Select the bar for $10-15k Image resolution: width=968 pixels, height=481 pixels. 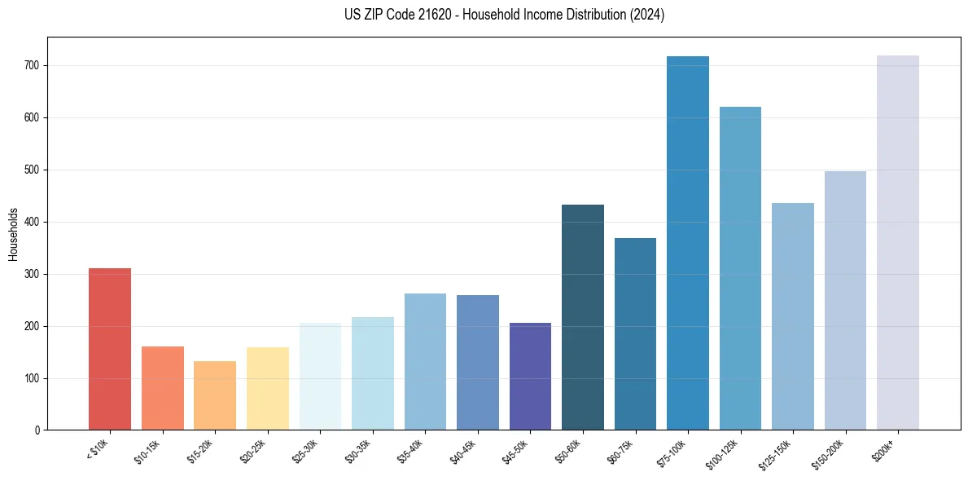tap(162, 388)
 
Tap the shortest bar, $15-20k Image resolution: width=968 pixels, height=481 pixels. tap(215, 395)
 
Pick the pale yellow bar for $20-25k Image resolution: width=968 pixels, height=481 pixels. tap(267, 389)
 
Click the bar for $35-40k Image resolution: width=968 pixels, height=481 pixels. tap(425, 362)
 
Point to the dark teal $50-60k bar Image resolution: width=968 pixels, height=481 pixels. tap(583, 317)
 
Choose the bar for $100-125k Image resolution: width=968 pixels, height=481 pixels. tap(740, 268)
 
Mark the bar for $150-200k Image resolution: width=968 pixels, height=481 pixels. tap(845, 301)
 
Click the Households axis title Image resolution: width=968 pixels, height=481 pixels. tap(13, 233)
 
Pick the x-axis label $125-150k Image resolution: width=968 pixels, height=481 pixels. tap(777, 453)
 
